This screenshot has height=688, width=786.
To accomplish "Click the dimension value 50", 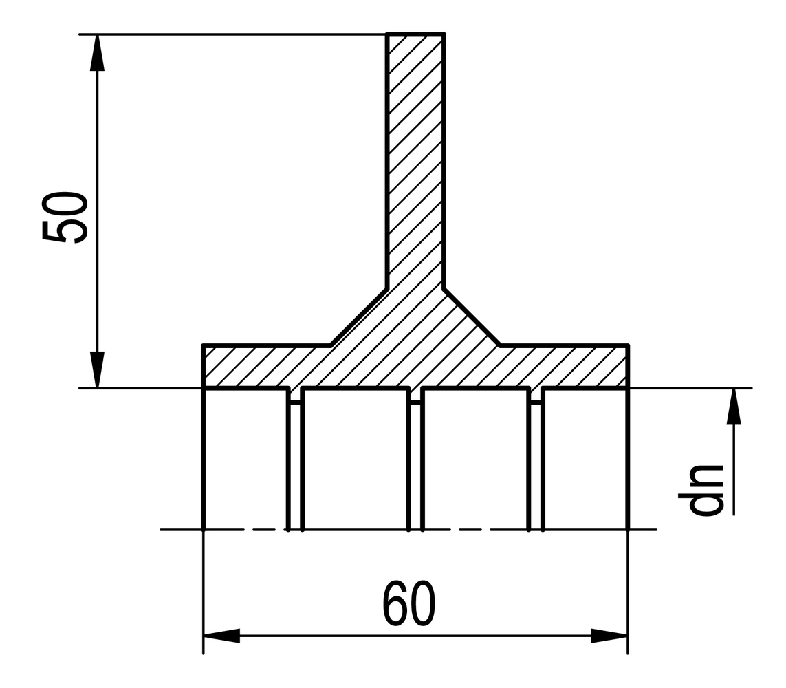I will coord(65,217).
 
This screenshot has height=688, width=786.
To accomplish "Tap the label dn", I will coord(707,490).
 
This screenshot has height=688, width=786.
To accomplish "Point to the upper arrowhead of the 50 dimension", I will coord(97,52).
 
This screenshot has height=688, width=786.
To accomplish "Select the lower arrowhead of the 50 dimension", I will coord(98,369).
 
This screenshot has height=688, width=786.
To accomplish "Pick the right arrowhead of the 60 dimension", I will coord(609,635).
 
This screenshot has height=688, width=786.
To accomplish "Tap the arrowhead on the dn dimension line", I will coord(734,407).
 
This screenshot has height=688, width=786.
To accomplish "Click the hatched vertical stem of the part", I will coord(415,158).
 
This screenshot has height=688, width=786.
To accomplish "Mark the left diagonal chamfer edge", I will coord(358,316).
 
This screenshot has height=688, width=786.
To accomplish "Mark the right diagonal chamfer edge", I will coord(472,316).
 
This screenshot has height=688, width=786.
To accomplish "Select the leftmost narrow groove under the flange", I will coord(295,461).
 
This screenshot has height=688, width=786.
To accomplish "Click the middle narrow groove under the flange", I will coord(415,461).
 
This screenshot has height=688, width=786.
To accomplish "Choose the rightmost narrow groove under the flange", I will coord(536,461).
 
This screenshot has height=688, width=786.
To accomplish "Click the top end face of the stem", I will coord(415,33).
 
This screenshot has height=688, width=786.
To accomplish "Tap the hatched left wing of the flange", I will coord(261,366).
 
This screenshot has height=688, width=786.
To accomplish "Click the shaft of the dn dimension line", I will coord(734,475).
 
